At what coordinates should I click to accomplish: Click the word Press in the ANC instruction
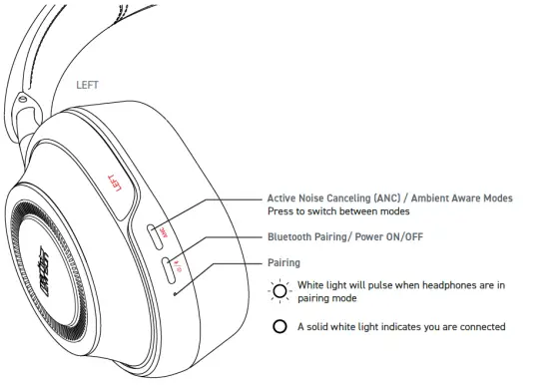(281, 211)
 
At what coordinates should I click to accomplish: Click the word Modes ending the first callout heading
(496, 198)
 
